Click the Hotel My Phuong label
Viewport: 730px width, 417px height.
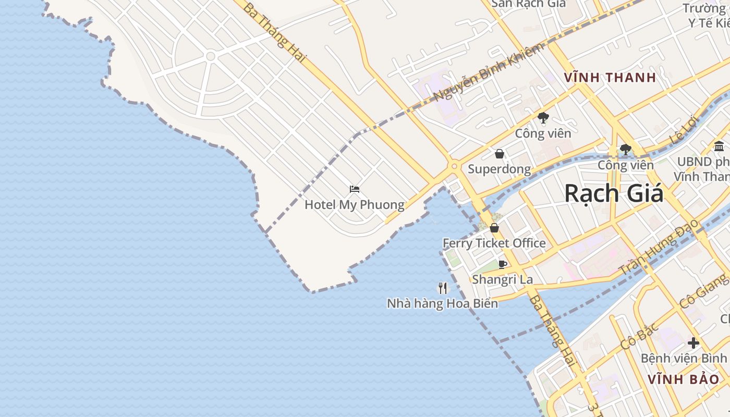(354, 205)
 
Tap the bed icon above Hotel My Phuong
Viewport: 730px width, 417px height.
(355, 189)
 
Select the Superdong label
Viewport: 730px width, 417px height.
(499, 169)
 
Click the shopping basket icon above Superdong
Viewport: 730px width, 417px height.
(500, 154)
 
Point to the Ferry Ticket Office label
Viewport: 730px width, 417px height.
(494, 243)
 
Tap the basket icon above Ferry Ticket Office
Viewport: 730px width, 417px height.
(494, 228)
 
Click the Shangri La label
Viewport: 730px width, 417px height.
(502, 279)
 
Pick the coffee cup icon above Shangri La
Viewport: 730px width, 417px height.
(503, 264)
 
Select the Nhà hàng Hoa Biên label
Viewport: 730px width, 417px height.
(442, 303)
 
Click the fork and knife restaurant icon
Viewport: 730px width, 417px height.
(443, 288)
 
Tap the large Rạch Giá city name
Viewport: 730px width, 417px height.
(614, 194)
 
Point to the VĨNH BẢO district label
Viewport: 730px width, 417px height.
(683, 379)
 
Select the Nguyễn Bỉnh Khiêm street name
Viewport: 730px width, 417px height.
(489, 72)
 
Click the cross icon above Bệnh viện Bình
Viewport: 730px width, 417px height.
(693, 343)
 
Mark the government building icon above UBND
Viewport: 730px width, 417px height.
(720, 146)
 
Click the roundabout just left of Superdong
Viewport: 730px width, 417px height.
(454, 166)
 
